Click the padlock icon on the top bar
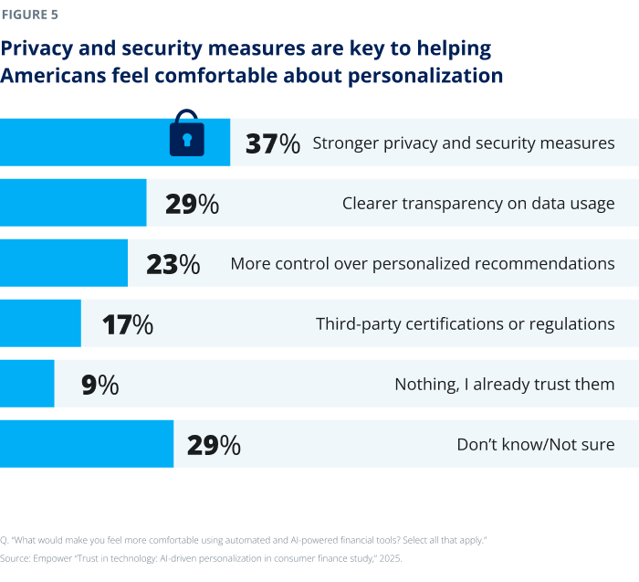187,134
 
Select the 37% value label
273,143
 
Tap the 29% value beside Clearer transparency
192,204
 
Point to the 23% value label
173,264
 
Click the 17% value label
127,324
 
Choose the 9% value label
100,385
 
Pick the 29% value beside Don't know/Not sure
214,445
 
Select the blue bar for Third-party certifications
40,323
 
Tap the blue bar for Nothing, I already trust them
26,384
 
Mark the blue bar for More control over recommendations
63,263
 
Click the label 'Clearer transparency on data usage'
477,204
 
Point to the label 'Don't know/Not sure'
535,445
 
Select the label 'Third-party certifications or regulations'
465,324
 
